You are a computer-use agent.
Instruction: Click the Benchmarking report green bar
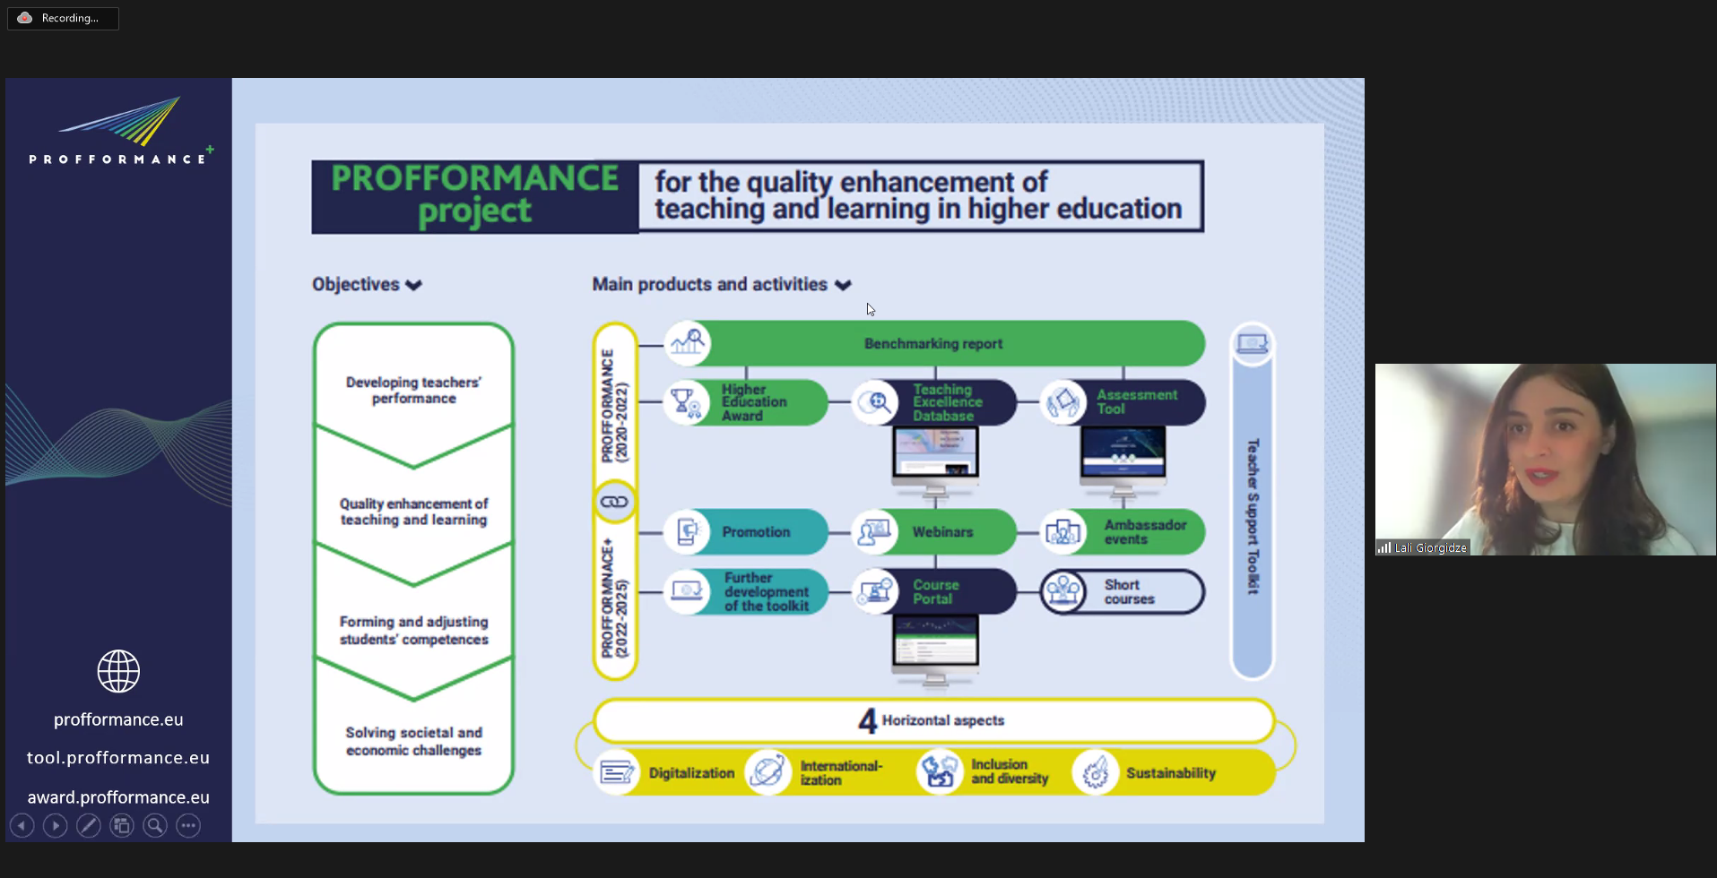coord(933,344)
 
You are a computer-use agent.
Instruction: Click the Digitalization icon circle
coord(617,772)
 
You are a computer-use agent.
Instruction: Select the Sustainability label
coord(1171,773)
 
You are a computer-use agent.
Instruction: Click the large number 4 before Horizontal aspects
coord(867,721)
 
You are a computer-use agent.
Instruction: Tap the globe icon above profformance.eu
coord(118,671)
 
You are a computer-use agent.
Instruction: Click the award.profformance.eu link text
coord(118,797)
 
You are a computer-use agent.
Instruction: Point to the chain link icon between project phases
coord(614,502)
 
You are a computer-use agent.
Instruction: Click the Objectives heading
coord(356,285)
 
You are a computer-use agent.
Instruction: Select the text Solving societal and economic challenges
coord(413,742)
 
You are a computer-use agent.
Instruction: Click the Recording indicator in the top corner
coord(63,18)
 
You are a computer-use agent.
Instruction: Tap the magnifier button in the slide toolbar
coord(155,826)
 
